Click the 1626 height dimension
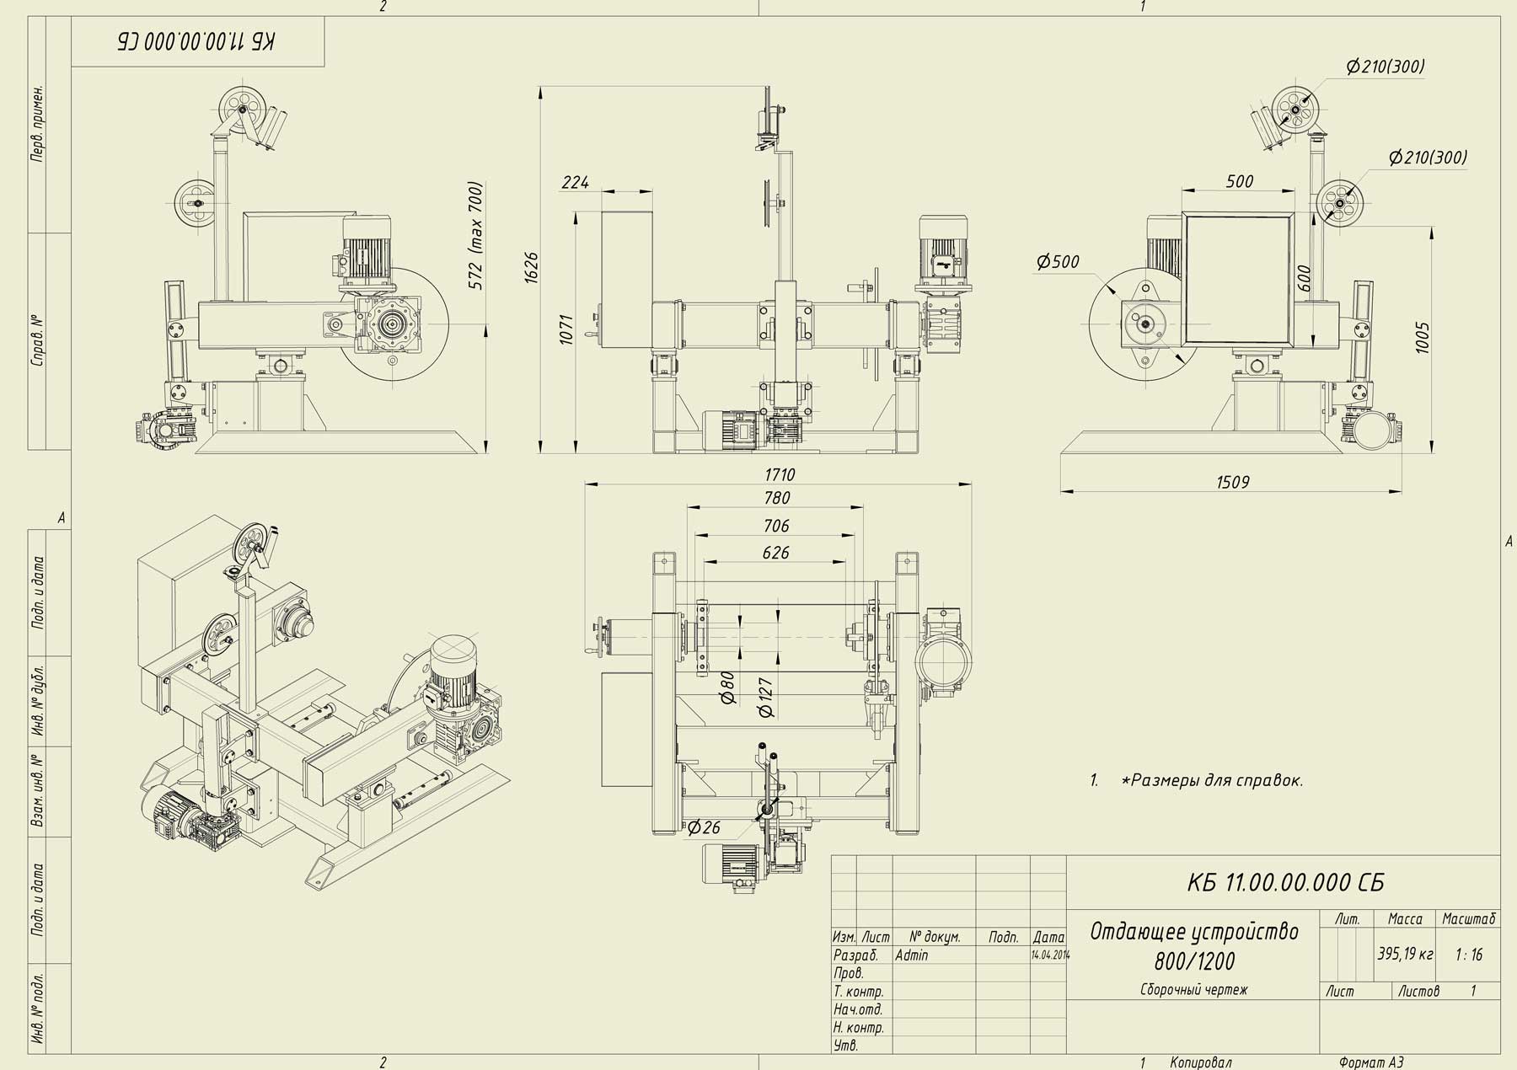pyautogui.click(x=531, y=267)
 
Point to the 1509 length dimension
pyautogui.click(x=1233, y=483)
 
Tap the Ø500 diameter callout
pyautogui.click(x=1058, y=262)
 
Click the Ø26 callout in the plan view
pyautogui.click(x=704, y=828)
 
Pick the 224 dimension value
pyautogui.click(x=576, y=182)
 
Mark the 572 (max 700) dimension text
pyautogui.click(x=476, y=236)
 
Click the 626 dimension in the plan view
pyautogui.click(x=775, y=553)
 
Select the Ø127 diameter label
pyautogui.click(x=766, y=698)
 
